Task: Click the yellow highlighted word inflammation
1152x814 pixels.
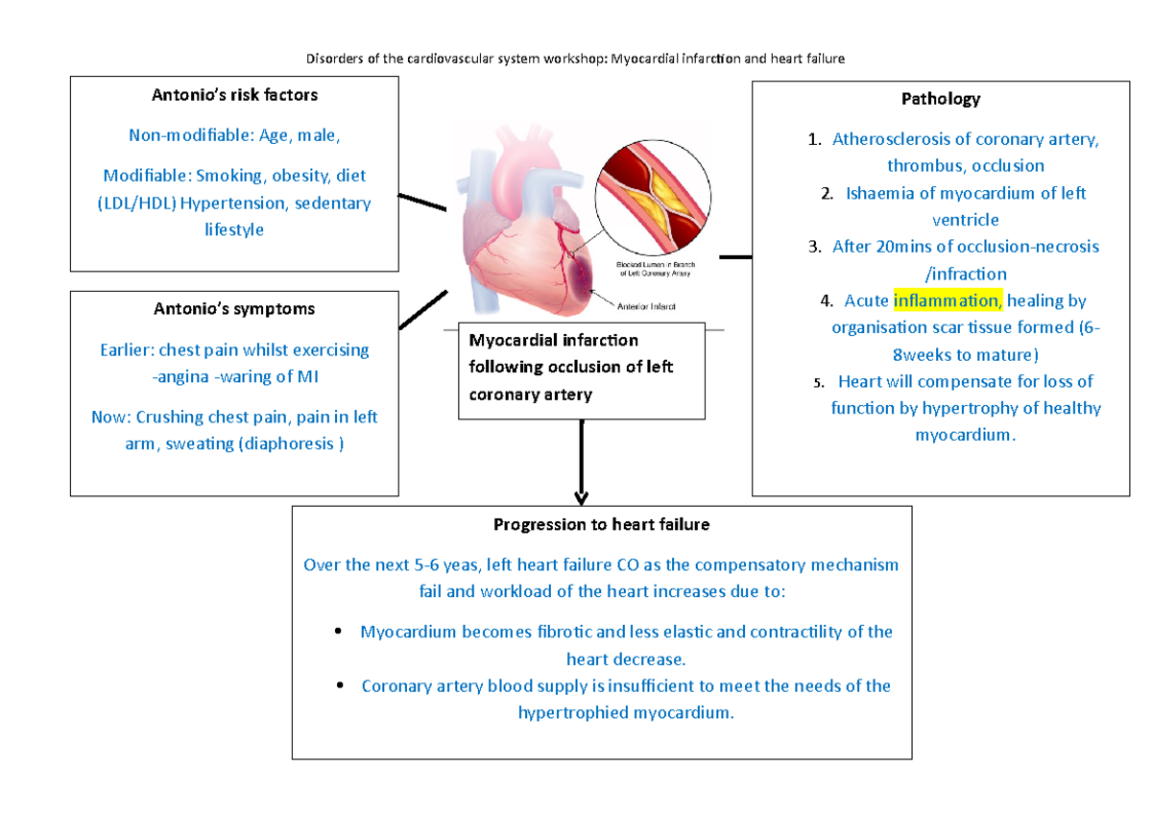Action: (x=948, y=300)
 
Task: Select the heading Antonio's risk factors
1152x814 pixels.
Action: (x=235, y=95)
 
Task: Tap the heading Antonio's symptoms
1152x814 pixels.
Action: (x=235, y=309)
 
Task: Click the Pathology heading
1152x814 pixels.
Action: (x=940, y=99)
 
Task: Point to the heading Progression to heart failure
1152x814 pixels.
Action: (x=601, y=524)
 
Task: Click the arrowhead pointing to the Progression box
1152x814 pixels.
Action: (x=581, y=497)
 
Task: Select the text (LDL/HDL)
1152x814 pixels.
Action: (x=135, y=203)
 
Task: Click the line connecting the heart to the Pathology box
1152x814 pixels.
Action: (x=735, y=256)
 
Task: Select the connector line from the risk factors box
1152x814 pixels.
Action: (x=422, y=203)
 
